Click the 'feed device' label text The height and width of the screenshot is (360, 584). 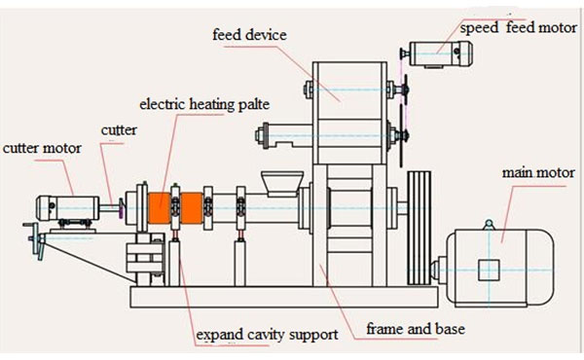pos(249,35)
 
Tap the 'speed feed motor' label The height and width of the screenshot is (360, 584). pos(519,28)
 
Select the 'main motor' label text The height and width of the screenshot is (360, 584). pos(538,173)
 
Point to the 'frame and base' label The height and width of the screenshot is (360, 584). pos(416,329)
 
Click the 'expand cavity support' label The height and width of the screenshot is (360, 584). pos(267,335)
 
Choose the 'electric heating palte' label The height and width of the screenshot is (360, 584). pos(204,104)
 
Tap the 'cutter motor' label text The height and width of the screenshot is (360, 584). pos(42,148)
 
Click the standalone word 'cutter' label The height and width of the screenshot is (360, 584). pos(119,130)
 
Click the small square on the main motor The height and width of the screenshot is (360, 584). pos(489,270)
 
